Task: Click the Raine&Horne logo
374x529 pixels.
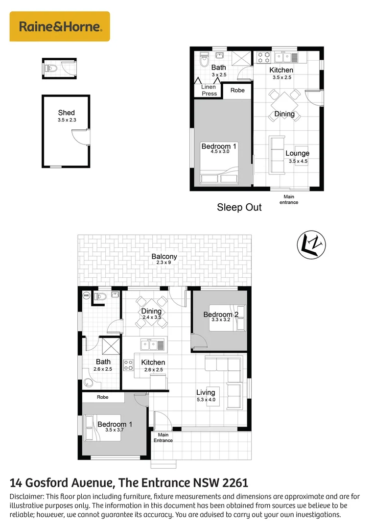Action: [x=60, y=26]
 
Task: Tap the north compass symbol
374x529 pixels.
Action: [x=312, y=244]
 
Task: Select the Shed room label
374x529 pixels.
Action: [x=67, y=113]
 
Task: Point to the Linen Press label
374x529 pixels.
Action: [x=209, y=90]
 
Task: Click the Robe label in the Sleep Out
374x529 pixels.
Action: [x=237, y=90]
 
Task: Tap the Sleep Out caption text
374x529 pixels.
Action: [x=239, y=207]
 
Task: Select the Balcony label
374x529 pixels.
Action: [x=164, y=257]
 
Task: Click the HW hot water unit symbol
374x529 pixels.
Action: [x=87, y=295]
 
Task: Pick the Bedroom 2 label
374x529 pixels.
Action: [x=218, y=314]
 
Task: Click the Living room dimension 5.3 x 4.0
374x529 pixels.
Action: [x=206, y=400]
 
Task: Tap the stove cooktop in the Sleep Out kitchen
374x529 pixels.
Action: [x=264, y=58]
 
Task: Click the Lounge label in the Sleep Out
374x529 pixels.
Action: [x=297, y=153]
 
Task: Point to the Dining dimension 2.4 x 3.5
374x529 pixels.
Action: [x=151, y=317]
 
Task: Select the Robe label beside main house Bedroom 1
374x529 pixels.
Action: [x=102, y=397]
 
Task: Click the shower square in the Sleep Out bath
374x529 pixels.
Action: [x=243, y=58]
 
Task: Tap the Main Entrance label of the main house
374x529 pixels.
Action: [x=163, y=437]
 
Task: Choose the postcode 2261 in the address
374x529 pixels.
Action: [x=235, y=482]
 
